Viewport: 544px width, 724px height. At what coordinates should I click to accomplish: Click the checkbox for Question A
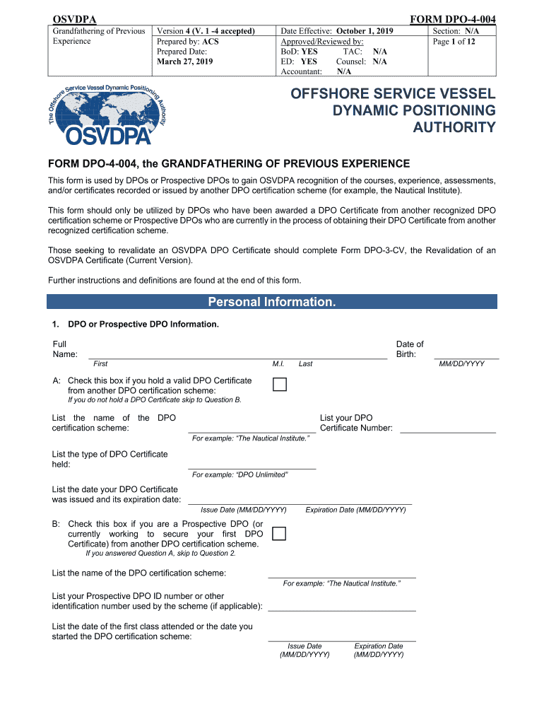(x=280, y=385)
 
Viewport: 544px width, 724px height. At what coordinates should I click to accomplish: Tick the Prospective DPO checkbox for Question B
(x=279, y=533)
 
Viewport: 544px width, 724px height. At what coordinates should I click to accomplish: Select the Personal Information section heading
(x=272, y=302)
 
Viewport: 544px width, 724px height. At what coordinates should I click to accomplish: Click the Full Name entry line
(x=237, y=358)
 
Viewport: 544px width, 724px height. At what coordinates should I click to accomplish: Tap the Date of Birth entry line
(x=466, y=358)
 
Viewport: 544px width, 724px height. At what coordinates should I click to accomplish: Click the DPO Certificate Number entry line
(x=448, y=431)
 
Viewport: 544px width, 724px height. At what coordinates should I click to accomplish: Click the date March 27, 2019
(x=184, y=62)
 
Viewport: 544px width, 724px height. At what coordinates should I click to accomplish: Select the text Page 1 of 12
(x=454, y=42)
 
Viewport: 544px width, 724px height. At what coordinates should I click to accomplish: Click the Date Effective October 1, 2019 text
(x=336, y=32)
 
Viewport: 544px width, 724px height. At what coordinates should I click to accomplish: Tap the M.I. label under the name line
(x=278, y=364)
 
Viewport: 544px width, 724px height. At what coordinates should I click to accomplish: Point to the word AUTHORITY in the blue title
(x=454, y=128)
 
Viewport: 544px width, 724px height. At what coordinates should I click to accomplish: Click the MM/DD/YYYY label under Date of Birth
(x=461, y=364)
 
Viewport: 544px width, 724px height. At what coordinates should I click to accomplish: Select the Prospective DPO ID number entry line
(x=342, y=609)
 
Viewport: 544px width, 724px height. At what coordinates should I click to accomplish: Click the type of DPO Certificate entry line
(x=252, y=467)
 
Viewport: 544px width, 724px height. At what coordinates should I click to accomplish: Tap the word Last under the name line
(x=305, y=364)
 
